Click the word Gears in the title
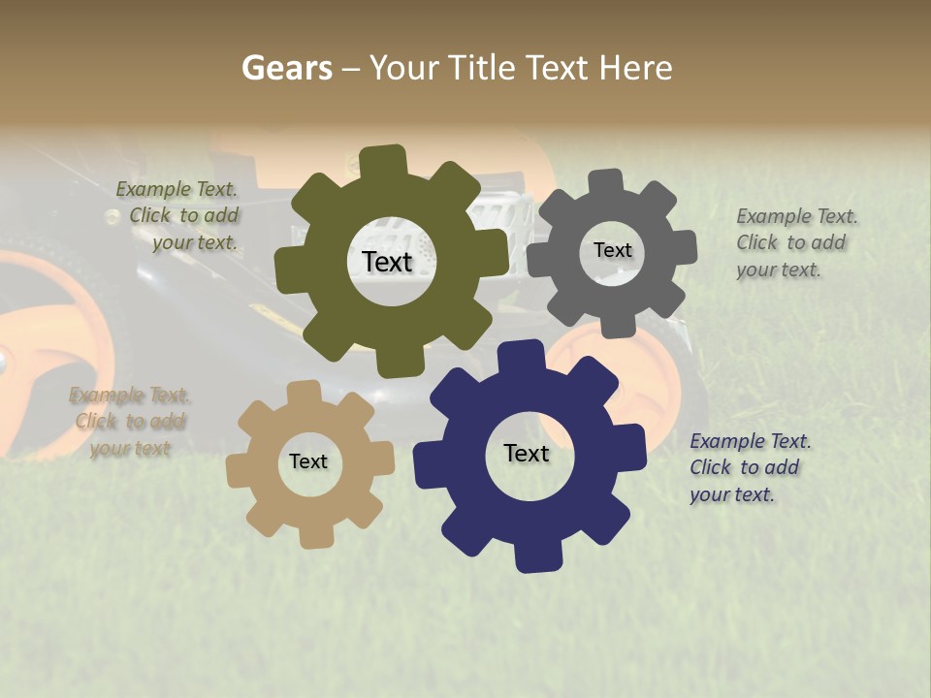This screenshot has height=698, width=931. [287, 68]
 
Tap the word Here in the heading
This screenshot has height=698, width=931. [636, 68]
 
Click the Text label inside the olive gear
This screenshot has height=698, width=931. [388, 262]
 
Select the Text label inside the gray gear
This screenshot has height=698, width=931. [613, 250]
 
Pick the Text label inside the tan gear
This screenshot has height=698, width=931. [308, 461]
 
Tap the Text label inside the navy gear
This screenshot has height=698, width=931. [527, 453]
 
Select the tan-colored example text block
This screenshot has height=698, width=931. [130, 422]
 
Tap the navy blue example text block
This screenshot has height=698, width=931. [747, 467]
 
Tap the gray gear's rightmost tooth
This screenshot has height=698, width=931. [686, 247]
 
